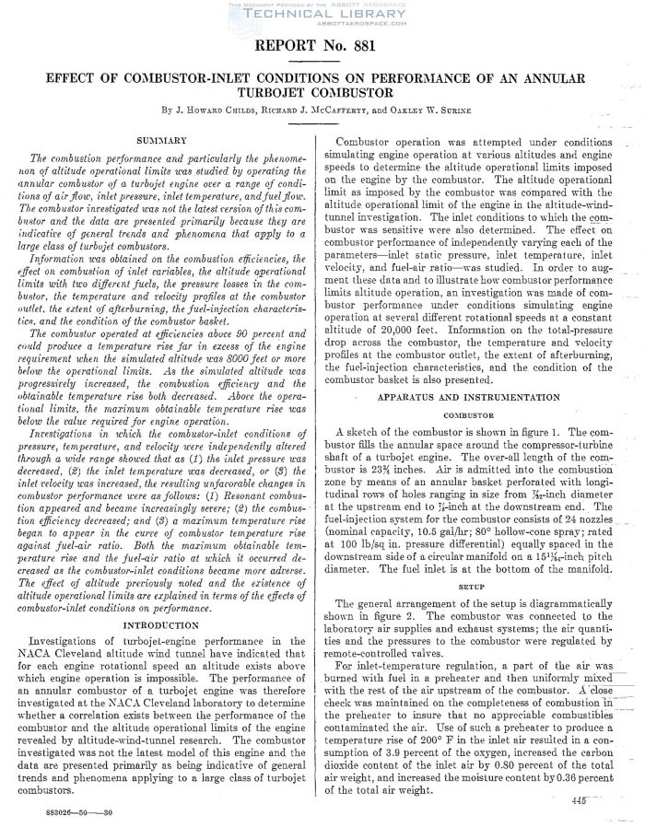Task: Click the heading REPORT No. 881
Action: tap(322, 44)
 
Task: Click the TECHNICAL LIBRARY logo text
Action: tap(322, 15)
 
